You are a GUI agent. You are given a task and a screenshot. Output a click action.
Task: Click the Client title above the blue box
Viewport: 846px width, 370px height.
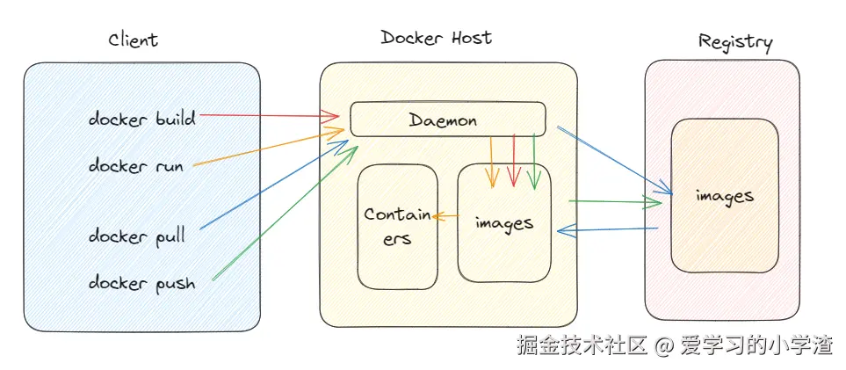[x=133, y=40]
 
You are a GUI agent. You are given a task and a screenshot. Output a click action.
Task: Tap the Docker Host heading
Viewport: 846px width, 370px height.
[x=437, y=38]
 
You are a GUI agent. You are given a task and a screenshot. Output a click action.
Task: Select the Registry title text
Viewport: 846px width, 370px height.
[x=735, y=41]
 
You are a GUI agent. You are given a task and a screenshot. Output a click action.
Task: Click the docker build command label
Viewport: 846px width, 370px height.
[x=141, y=118]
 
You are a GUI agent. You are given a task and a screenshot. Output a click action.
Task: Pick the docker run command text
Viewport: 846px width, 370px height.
[x=135, y=165]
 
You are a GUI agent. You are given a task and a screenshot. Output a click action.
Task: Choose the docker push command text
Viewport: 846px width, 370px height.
[x=141, y=282]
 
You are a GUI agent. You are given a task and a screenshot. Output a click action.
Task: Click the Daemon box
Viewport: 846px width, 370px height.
[x=448, y=120]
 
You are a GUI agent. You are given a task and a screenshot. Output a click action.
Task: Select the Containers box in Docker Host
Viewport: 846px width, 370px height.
[x=397, y=226]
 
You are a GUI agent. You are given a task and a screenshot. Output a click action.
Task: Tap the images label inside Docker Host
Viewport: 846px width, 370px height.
[x=503, y=222]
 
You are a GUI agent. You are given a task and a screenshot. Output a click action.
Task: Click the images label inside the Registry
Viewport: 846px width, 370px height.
[x=724, y=195]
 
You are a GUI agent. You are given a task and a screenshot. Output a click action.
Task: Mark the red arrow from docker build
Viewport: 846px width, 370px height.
[x=268, y=114]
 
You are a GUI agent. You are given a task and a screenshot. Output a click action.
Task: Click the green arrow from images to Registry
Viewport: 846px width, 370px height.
[x=615, y=203]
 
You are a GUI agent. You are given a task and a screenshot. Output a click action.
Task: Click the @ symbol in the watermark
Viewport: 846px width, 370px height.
[x=665, y=345]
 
